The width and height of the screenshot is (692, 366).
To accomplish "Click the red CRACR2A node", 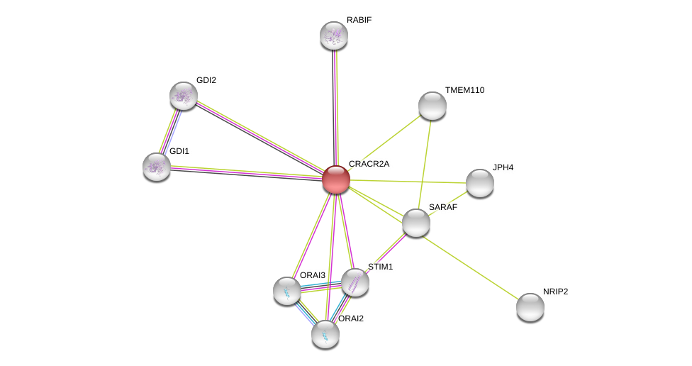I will tap(335, 179).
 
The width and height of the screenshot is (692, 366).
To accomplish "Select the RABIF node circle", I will tap(334, 35).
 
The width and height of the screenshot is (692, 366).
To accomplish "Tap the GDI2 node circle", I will tap(184, 96).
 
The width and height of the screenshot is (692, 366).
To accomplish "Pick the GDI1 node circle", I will tap(157, 167).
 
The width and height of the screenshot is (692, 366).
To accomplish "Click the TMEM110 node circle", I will tap(432, 106).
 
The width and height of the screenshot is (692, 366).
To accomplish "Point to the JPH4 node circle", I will tap(479, 183).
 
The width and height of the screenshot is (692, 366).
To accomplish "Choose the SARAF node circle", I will tap(415, 223).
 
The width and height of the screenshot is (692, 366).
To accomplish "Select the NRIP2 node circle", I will tap(530, 307).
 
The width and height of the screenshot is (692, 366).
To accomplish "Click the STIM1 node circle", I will tap(355, 282).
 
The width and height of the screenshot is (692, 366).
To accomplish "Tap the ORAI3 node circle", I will tap(287, 291).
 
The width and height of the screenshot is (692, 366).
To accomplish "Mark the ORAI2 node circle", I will tap(325, 334).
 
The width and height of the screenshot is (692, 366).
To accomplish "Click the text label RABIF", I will tap(359, 20).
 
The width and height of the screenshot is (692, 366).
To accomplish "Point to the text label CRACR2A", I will tap(369, 164).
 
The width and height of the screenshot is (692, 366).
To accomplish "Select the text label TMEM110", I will tap(464, 90).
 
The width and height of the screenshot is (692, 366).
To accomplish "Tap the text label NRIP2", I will tap(555, 292).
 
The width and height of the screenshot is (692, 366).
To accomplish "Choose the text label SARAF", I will tap(443, 207).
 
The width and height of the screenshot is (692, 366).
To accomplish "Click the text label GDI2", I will tap(206, 80).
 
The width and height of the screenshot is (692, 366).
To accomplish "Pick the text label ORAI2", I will tap(350, 318).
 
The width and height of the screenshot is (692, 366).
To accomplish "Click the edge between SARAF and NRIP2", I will tap(473, 265).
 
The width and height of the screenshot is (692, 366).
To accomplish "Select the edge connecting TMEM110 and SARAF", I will tap(424, 164).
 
